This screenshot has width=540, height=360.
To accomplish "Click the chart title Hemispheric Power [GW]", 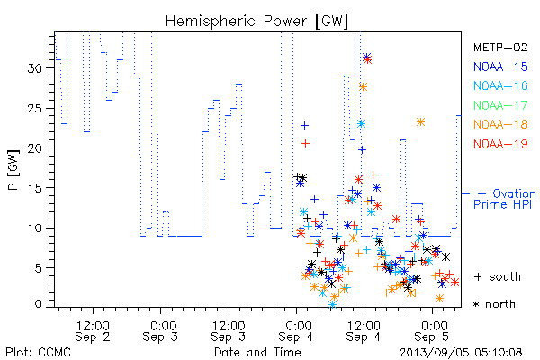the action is [256, 22].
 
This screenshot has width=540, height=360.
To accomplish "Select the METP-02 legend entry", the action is [500, 47].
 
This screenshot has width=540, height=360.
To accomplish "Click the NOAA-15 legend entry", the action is [500, 67].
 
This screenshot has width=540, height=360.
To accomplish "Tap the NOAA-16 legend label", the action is [500, 85].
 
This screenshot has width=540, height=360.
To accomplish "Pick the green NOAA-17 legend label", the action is [500, 105].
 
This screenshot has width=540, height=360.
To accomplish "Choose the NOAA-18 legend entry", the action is [500, 124].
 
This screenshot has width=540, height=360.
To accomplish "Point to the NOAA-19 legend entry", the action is [500, 144].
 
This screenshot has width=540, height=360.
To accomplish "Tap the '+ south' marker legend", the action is [498, 276].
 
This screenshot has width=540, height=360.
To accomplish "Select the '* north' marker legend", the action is [494, 304].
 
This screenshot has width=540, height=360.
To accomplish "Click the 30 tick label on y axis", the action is [35, 68].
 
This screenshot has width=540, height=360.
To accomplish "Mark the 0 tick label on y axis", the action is [38, 304].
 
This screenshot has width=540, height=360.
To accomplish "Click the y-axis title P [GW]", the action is [13, 170].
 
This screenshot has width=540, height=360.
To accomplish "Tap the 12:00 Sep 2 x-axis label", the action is [93, 331].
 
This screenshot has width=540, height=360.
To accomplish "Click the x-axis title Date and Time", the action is [257, 353].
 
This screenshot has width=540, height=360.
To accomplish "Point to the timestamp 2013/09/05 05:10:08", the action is [461, 353].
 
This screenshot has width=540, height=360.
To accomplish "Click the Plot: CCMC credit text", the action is [38, 353].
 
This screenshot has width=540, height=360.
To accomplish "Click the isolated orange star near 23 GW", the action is [420, 122].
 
